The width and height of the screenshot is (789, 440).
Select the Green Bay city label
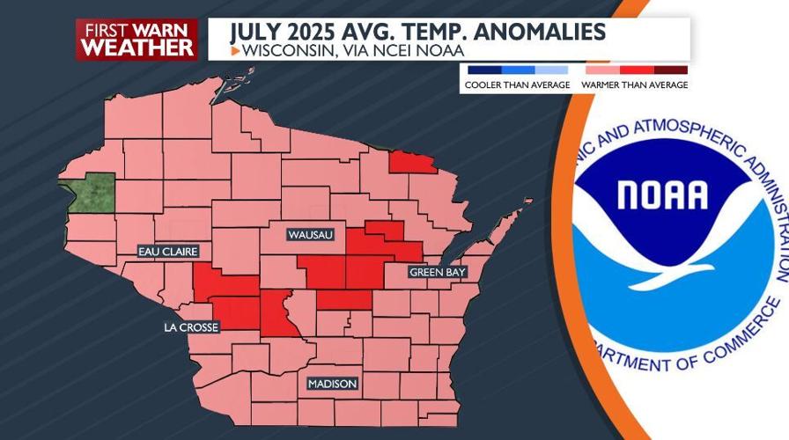pos(437,274)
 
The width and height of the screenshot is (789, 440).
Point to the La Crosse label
pos(190,327)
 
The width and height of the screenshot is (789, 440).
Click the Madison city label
pos(332,385)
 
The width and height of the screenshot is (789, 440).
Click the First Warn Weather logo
pos(136,39)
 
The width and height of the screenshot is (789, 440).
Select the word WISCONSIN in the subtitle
pos(291,50)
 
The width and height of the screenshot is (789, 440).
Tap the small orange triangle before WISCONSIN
pos(234,51)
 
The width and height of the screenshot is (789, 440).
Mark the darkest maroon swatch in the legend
pos(671,70)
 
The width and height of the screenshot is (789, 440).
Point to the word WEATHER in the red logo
pos(136,48)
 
